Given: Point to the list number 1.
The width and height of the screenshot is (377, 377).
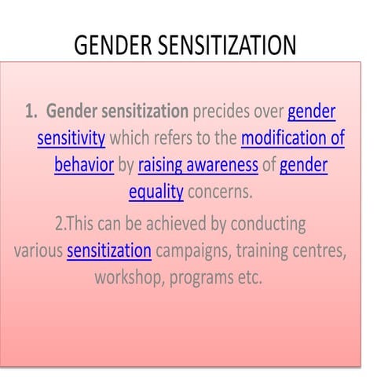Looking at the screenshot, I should point(33,112).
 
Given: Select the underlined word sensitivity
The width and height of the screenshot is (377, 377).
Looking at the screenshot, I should point(71,139).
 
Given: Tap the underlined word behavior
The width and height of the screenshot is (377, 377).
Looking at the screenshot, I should point(84,166).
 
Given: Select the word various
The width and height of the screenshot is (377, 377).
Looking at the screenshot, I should point(38,251).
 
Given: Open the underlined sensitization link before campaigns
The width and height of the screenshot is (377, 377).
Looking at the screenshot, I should point(109,251).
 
